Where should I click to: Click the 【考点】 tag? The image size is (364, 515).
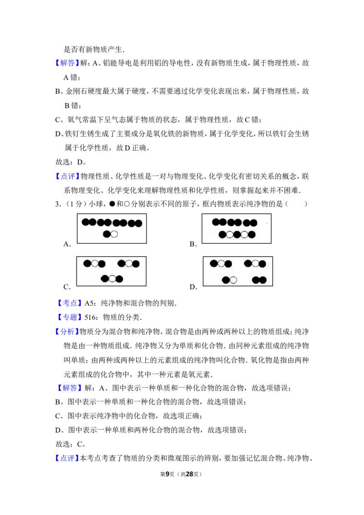(69, 303)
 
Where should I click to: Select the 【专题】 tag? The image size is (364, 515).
(69, 317)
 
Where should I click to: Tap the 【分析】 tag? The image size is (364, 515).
(67, 331)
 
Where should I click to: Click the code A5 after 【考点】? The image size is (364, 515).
(90, 303)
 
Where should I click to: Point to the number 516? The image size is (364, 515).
(91, 317)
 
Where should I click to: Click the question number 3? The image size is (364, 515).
(57, 204)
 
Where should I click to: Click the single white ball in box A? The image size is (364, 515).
(114, 234)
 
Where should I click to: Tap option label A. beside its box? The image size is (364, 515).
(67, 244)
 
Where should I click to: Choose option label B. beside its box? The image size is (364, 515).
(193, 244)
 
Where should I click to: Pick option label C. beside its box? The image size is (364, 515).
(67, 287)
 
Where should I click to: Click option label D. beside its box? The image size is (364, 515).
(193, 287)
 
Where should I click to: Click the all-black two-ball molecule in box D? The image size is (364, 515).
(259, 280)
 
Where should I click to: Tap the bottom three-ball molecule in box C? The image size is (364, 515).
(112, 279)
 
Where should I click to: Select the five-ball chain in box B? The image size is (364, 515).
(237, 234)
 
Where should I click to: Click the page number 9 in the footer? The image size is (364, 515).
(167, 474)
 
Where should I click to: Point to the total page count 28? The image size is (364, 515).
(190, 474)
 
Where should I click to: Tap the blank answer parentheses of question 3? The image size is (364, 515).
(297, 204)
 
